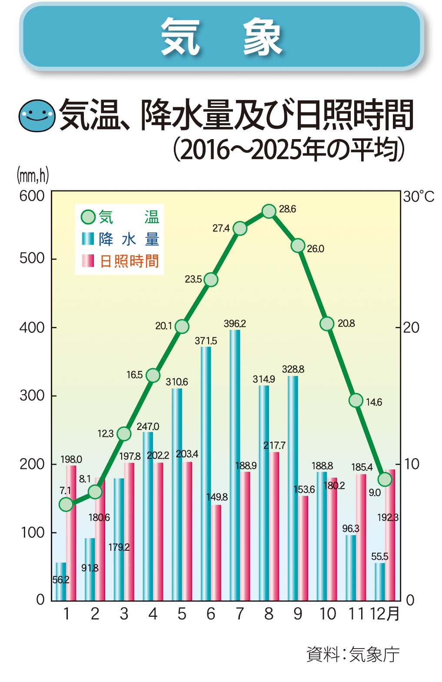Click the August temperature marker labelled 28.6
coord(269,211)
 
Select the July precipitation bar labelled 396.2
coord(235,465)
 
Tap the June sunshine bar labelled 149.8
coord(216,552)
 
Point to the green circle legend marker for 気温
coord(88,217)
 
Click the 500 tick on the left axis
coord(32,258)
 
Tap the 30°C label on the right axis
coord(418,196)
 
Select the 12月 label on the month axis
coord(384,614)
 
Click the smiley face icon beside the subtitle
coord(37,115)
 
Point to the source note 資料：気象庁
coord(352,654)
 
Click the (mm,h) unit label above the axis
coord(33,176)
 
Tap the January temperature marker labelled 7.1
coord(66,504)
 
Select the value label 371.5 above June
coord(206,341)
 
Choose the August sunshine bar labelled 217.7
coord(274,526)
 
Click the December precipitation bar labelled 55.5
coord(380,582)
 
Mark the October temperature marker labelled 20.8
coord(327,324)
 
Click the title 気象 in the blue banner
coord(221,37)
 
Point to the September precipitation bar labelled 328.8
coord(293,488)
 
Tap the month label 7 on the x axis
coord(239,614)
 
